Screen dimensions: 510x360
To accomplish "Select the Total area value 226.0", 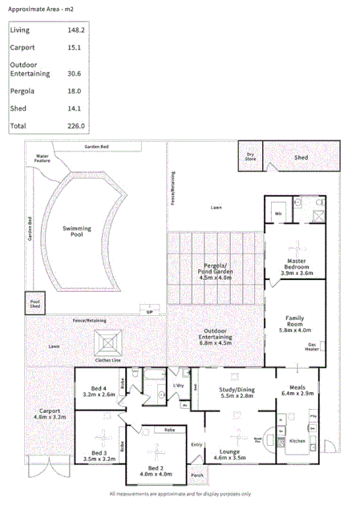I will pyautogui.click(x=77, y=126).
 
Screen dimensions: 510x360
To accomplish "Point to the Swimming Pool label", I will pyautogui.click(x=77, y=233).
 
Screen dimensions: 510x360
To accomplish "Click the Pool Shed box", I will pyautogui.click(x=35, y=300).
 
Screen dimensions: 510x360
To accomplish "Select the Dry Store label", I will pyautogui.click(x=250, y=156).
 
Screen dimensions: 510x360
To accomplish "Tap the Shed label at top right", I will pyautogui.click(x=301, y=158).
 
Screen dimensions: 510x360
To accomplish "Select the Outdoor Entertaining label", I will pyautogui.click(x=216, y=334).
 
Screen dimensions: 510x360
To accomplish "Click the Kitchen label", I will pyautogui.click(x=297, y=442).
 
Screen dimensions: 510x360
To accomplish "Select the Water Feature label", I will pyautogui.click(x=42, y=158).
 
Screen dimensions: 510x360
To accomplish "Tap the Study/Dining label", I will pyautogui.click(x=237, y=390).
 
